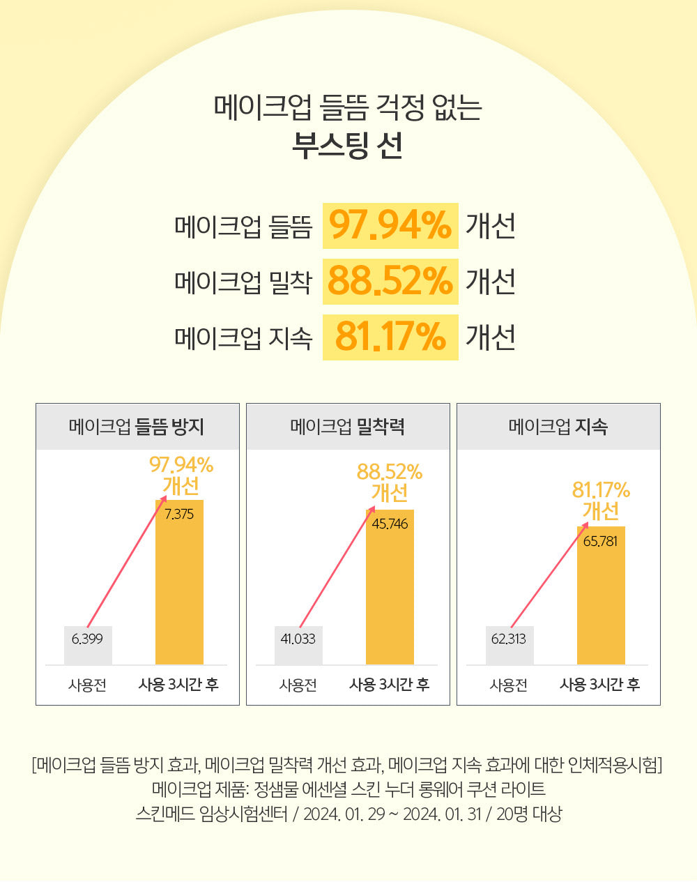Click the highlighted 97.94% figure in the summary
[x=390, y=226]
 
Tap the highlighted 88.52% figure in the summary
[x=390, y=282]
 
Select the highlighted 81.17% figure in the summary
[x=390, y=337]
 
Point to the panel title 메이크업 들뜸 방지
[x=137, y=427]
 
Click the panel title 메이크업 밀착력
[x=348, y=427]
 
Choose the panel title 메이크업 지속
[x=558, y=427]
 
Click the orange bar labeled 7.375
[x=179, y=586]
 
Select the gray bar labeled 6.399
[x=88, y=646]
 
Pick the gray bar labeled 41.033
[x=298, y=646]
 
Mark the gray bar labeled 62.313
[x=510, y=646]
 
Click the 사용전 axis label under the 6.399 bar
[x=88, y=685]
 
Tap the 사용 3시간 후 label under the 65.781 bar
[x=600, y=685]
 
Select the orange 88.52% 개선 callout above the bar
[x=390, y=482]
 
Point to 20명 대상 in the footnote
[x=529, y=814]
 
